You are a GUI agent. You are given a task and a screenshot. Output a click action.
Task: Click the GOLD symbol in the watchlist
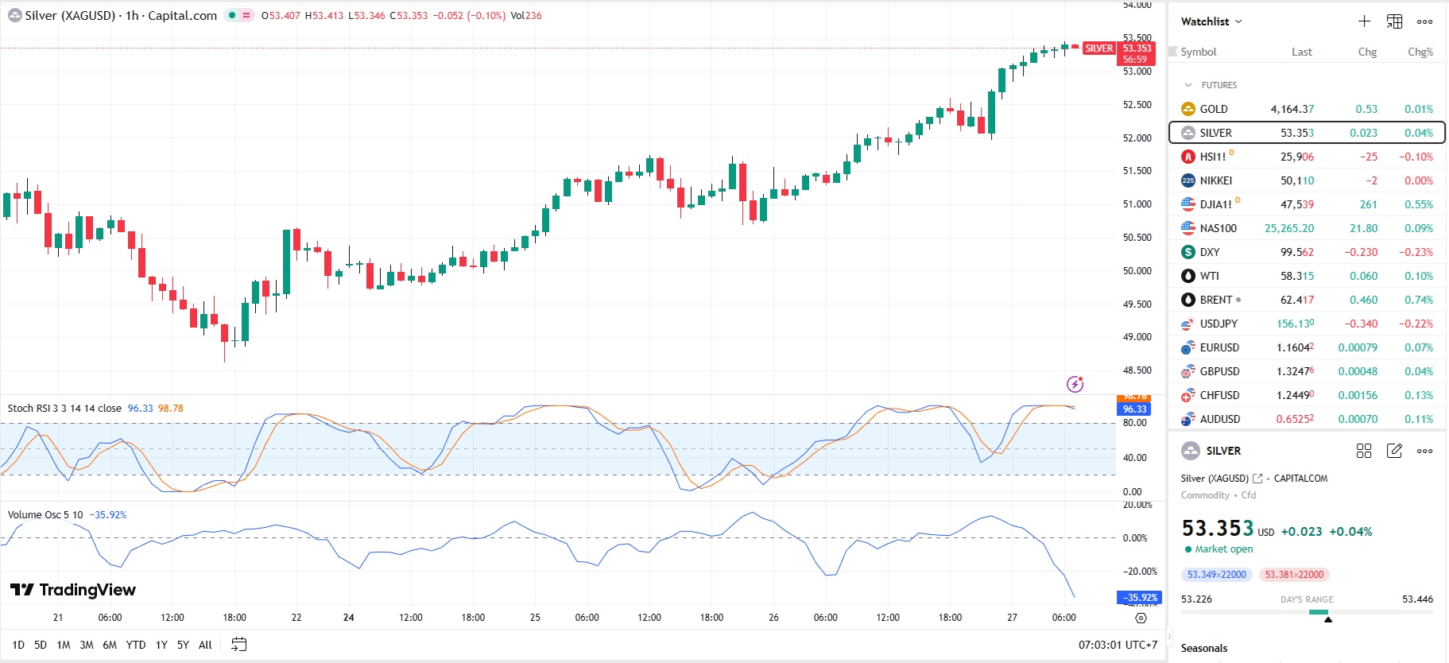click(x=1213, y=109)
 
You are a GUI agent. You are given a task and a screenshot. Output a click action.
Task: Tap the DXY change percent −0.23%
click(x=1419, y=252)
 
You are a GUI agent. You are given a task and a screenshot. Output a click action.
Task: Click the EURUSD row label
click(x=1219, y=347)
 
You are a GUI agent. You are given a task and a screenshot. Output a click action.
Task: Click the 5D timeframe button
click(x=41, y=645)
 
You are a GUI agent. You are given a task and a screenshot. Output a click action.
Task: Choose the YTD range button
click(x=136, y=645)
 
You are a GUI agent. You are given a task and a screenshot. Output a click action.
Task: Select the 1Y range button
click(x=161, y=645)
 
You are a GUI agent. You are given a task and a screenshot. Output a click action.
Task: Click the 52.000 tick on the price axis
click(x=1137, y=138)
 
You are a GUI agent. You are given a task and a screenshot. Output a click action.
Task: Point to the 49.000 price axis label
click(x=1137, y=337)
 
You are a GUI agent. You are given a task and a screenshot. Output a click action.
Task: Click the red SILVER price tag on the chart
click(x=1098, y=48)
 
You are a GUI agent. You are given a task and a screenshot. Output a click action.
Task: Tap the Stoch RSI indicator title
click(x=64, y=409)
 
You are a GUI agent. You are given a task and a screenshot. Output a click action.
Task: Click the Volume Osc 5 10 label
click(x=45, y=515)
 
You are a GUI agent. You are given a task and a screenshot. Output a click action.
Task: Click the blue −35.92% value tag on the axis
click(x=1140, y=598)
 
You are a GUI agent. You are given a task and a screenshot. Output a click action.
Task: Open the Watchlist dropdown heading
click(x=1211, y=21)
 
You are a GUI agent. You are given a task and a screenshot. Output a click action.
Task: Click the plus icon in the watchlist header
click(x=1364, y=21)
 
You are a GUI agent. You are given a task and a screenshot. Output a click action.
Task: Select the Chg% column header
click(x=1420, y=52)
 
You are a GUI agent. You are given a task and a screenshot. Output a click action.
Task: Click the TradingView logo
click(x=73, y=590)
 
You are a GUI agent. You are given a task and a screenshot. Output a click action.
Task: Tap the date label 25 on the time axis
click(x=535, y=618)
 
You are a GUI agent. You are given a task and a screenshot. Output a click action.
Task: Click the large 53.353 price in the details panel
click(x=1217, y=529)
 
